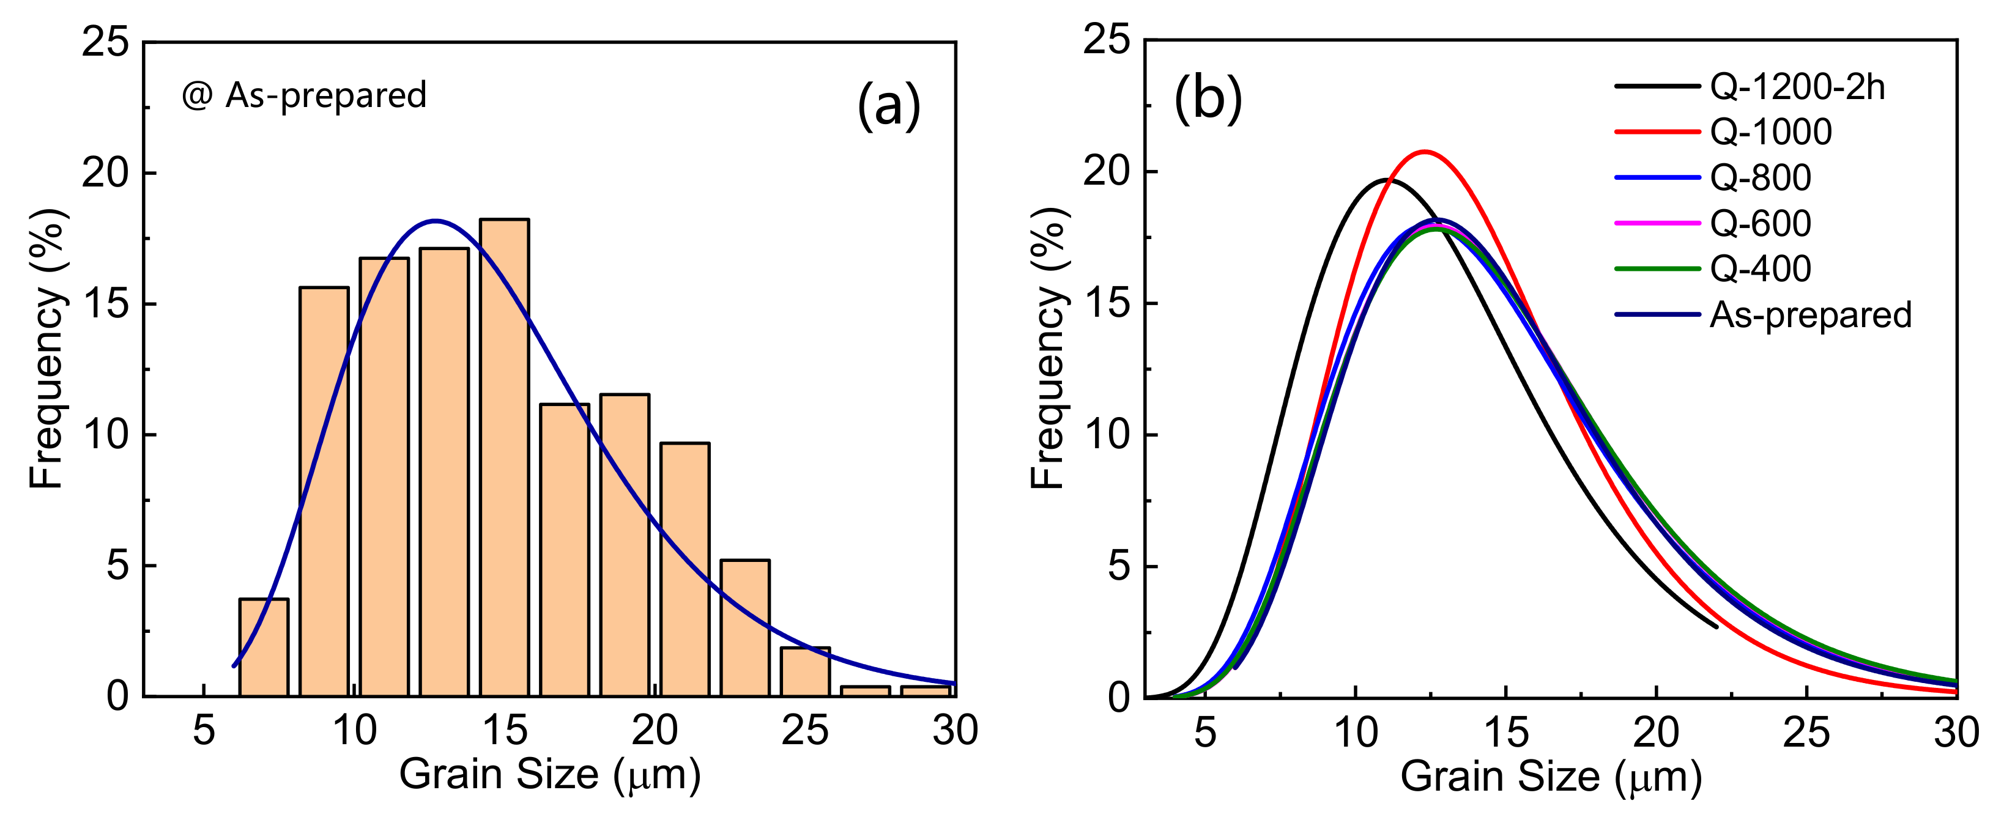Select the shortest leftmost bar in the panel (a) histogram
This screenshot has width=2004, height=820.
coord(264,648)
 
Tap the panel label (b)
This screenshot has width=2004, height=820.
coord(1208,100)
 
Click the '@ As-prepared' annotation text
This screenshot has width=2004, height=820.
coord(304,95)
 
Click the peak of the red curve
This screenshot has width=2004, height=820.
coord(1425,152)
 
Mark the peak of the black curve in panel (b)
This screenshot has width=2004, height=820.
coord(1388,180)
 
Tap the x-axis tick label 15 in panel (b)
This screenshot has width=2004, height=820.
coord(1506,734)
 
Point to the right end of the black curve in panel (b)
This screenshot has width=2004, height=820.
coord(1716,626)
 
